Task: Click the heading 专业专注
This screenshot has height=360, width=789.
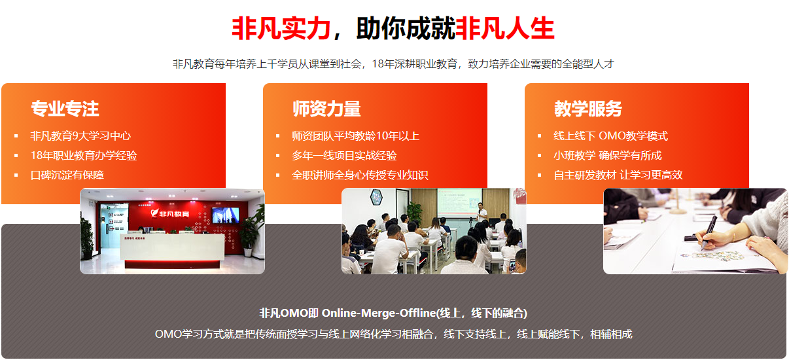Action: click(x=65, y=109)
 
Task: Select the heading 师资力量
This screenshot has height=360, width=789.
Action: click(x=326, y=109)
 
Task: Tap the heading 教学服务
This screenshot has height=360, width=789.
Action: click(x=588, y=109)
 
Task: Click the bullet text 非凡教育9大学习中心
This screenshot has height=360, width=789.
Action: click(x=80, y=136)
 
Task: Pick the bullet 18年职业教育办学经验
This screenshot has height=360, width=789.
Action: click(x=84, y=156)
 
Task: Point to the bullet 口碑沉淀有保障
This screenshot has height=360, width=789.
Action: click(x=67, y=175)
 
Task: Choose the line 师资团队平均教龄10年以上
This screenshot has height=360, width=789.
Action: click(x=355, y=136)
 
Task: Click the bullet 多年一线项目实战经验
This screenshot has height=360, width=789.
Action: click(x=344, y=156)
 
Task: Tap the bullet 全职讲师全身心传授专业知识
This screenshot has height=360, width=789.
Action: click(x=360, y=175)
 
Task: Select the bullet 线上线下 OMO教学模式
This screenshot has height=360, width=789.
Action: click(x=610, y=136)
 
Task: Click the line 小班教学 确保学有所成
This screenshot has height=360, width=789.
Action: click(x=607, y=156)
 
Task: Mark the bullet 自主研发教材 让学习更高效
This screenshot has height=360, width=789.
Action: click(x=618, y=175)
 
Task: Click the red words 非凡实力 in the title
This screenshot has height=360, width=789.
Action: click(x=281, y=29)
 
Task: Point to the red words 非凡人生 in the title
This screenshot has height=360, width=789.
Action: click(x=504, y=29)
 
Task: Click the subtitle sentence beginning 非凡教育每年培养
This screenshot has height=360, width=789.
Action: click(x=393, y=64)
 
